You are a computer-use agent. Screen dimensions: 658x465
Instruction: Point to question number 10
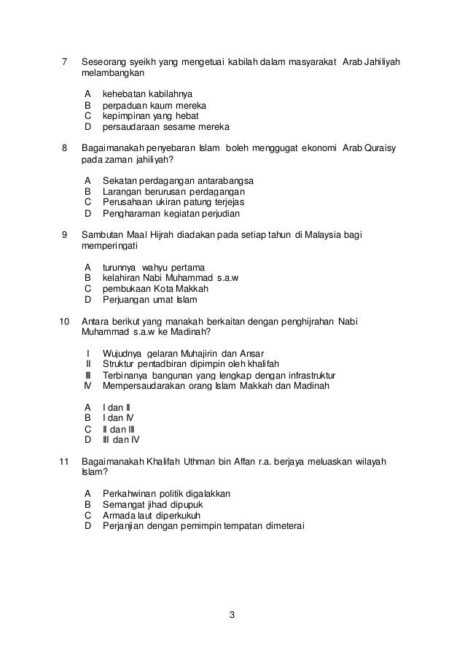[63, 321]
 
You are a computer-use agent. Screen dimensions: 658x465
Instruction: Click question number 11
[63, 462]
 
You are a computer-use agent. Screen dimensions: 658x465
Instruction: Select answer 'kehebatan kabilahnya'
[147, 93]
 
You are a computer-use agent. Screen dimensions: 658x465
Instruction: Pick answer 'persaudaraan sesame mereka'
[166, 127]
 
